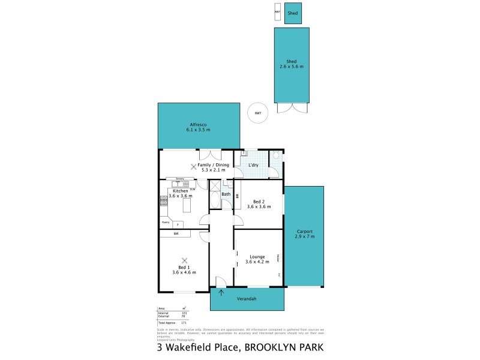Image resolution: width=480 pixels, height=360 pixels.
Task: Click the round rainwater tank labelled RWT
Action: [x=258, y=113]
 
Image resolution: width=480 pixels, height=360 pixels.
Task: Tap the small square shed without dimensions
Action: [x=293, y=13]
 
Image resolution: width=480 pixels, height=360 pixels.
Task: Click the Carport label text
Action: [x=305, y=232]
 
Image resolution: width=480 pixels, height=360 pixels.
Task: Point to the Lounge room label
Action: [x=258, y=256]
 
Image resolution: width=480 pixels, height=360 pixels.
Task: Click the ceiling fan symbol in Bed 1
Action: [x=184, y=260]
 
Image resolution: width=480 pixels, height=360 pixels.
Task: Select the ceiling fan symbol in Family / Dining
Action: [x=193, y=167]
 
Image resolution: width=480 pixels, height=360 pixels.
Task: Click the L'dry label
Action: [x=254, y=164]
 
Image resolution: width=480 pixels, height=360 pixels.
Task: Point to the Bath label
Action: [x=226, y=194]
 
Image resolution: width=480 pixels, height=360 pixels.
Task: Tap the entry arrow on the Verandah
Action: [x=221, y=293]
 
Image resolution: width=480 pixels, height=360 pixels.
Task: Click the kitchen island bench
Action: [x=186, y=206]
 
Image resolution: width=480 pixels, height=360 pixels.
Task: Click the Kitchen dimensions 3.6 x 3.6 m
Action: [x=181, y=196]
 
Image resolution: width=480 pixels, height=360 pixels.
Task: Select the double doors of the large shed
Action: [x=292, y=109]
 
